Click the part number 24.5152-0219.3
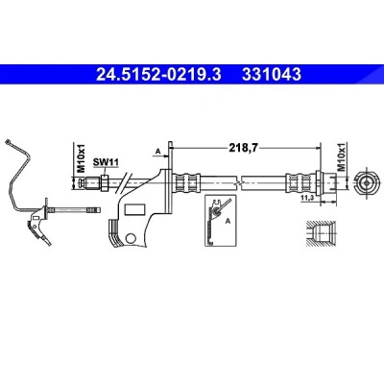(x=158, y=75)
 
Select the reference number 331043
(x=272, y=75)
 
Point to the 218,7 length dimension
(x=243, y=148)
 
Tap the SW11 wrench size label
(x=106, y=162)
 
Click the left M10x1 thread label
(x=82, y=158)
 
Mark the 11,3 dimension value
(x=306, y=199)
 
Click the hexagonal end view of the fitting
(x=366, y=183)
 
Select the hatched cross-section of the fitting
(x=321, y=233)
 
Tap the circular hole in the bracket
(x=131, y=238)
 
